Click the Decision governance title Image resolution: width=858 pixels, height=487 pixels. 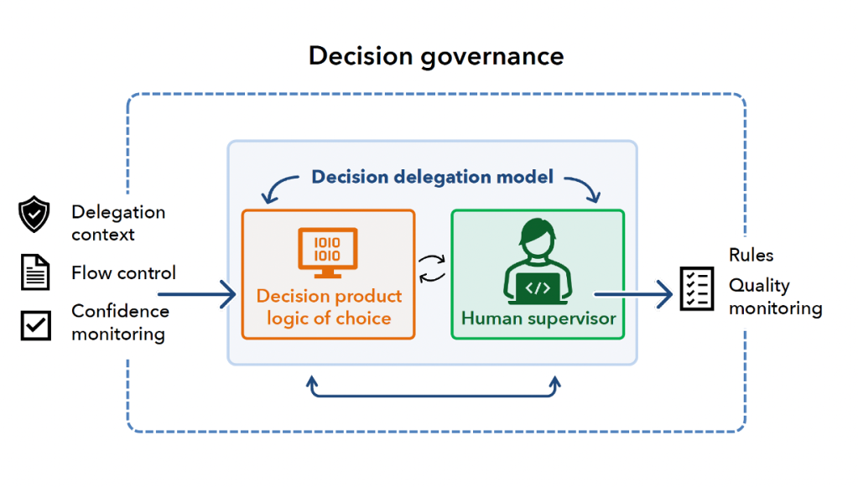(x=436, y=56)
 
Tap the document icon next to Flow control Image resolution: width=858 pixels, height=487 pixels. (x=35, y=273)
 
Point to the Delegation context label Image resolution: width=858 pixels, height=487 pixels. (x=117, y=223)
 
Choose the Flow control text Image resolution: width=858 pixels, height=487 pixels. (x=123, y=273)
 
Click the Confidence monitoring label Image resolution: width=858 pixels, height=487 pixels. (x=120, y=323)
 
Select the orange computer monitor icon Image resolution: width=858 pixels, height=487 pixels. (x=328, y=252)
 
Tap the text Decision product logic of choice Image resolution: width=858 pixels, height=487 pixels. (x=329, y=307)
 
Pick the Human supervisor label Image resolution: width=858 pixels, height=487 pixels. (x=538, y=319)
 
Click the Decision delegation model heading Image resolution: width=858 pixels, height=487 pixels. (x=432, y=177)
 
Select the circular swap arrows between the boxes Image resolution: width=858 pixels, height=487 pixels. (x=433, y=269)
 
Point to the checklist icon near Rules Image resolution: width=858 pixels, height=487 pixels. (x=697, y=289)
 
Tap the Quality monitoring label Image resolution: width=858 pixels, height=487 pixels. (x=774, y=297)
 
